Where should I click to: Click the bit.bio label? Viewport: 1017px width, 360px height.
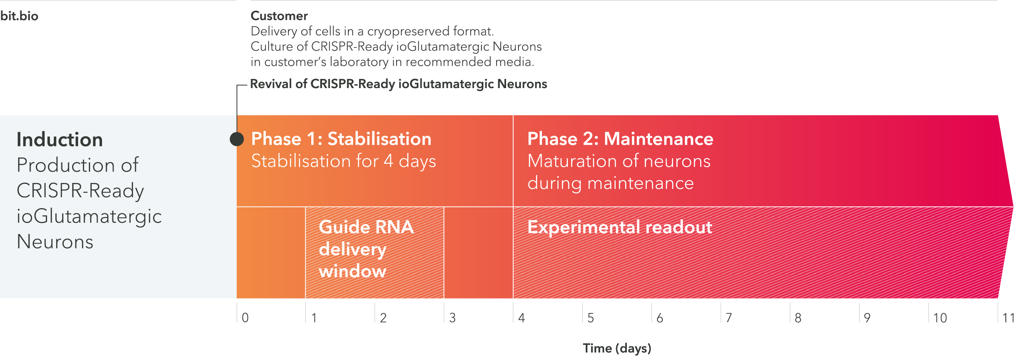pos(19,16)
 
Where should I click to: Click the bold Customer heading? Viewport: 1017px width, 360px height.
pos(279,16)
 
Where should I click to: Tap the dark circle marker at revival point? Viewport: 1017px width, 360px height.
pos(237,139)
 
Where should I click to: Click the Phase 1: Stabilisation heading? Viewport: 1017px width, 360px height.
pos(341,139)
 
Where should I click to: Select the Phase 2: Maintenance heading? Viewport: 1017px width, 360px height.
pos(620,139)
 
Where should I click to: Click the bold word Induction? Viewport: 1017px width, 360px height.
pos(60,140)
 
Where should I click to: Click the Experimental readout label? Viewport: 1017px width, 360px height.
pos(619,227)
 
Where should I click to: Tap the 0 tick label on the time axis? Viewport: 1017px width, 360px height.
pos(245,318)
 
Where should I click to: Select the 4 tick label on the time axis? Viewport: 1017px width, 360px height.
pos(521,318)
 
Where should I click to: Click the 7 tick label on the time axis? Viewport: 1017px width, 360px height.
pos(729,318)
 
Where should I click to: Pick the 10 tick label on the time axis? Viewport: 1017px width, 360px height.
pos(940,318)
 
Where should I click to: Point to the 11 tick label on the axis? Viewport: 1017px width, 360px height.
pos(1009,318)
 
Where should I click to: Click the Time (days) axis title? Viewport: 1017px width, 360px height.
pos(617,348)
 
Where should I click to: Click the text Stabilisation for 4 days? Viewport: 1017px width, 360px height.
pos(344,161)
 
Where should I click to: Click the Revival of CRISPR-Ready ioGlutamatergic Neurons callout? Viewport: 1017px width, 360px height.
pos(399,84)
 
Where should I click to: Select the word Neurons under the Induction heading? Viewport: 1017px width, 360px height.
pos(55,242)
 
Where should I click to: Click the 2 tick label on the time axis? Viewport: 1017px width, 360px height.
pos(383,318)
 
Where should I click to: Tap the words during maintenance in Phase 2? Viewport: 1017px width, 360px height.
pos(611,183)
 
